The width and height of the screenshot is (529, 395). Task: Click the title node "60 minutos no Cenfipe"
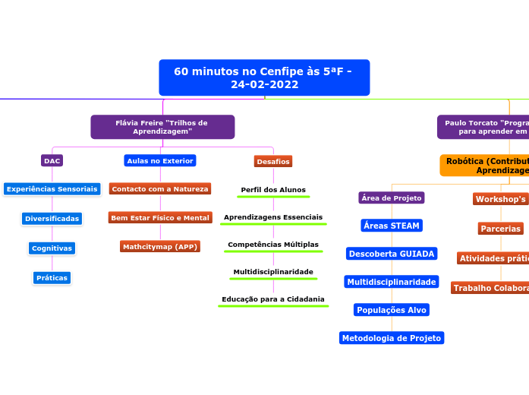pos(264,77)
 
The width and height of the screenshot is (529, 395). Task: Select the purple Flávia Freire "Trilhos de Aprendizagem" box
pos(162,127)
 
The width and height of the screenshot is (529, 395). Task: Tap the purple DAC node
pos(52,160)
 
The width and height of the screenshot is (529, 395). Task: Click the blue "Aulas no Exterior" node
pos(160,160)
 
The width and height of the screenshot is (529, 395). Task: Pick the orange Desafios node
pos(273,161)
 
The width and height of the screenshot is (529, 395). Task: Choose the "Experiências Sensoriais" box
pos(52,188)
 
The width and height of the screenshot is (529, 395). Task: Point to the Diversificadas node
pos(52,218)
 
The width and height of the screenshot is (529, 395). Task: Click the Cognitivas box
pos(52,248)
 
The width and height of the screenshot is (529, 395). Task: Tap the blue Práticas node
pos(52,277)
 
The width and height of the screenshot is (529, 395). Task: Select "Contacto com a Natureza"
pos(160,188)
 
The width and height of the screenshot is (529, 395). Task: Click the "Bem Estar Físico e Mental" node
pos(160,218)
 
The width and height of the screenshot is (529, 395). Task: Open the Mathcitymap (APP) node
pos(160,246)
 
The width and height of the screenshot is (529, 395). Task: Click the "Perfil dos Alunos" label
pos(273,189)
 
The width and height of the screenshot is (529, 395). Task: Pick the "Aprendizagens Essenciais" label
pos(273,217)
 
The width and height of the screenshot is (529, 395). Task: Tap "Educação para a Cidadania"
pos(273,299)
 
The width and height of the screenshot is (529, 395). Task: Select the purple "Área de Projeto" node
pos(392,197)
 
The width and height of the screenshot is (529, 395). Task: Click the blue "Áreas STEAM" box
pos(392,226)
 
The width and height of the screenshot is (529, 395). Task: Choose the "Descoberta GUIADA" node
pos(392,253)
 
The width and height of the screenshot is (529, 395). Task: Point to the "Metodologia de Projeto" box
pos(392,338)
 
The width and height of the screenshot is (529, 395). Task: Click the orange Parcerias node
pos(501,228)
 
